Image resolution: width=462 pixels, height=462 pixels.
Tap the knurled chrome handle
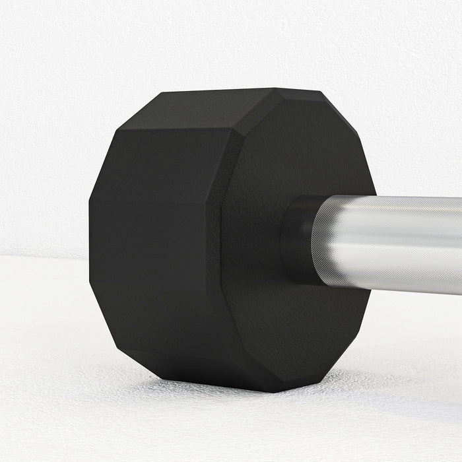(x=396, y=244)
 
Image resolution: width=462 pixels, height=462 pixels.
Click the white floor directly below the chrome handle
(x=409, y=370)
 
